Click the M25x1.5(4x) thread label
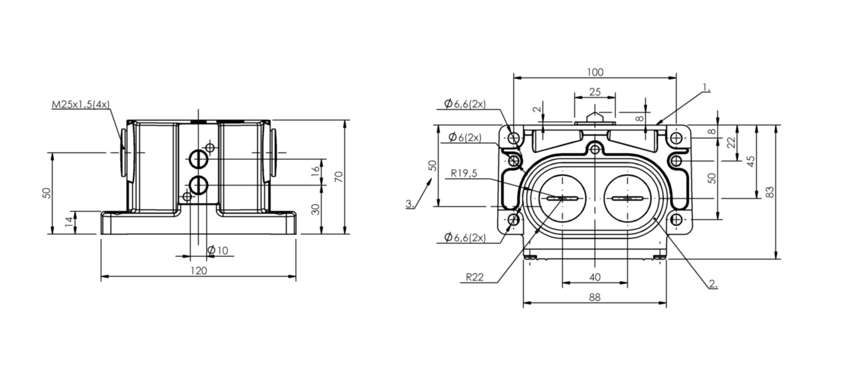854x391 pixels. (80, 104)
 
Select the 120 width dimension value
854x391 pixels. (199, 271)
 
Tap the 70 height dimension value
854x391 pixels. (339, 177)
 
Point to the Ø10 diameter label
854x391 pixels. (217, 250)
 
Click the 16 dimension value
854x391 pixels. (315, 171)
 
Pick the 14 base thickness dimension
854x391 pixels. (69, 222)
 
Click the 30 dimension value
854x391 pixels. (315, 209)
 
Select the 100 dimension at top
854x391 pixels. (595, 72)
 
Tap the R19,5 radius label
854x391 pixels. (464, 174)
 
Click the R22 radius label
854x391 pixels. (475, 277)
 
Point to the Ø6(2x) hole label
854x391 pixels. (465, 137)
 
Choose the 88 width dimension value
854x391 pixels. (595, 297)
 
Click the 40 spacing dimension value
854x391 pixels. (595, 277)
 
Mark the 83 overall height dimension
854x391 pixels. (770, 191)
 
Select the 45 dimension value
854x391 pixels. (751, 161)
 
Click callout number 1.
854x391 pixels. (707, 88)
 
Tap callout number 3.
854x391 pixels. (410, 204)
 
